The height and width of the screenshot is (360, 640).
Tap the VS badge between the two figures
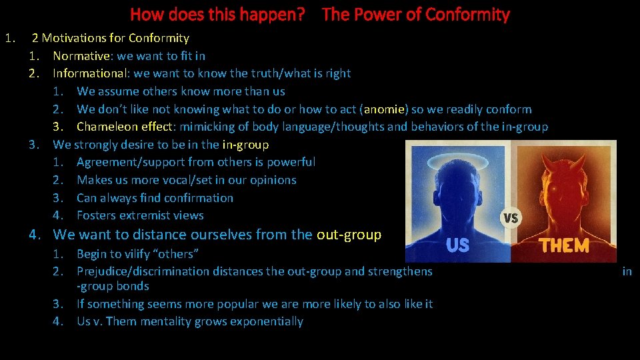[510, 218]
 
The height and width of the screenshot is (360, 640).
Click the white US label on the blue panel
[457, 245]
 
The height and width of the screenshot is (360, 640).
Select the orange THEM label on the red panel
[564, 245]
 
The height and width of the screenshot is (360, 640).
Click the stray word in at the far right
[627, 271]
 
